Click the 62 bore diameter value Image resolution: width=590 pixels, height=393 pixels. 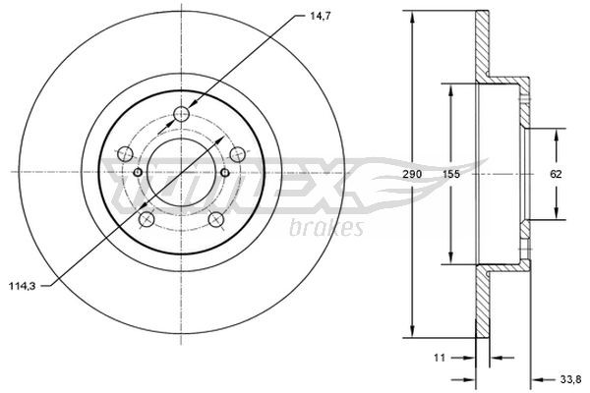(x=557, y=174)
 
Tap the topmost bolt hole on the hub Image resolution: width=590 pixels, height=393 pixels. (x=181, y=115)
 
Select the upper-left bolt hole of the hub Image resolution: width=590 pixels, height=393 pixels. (x=125, y=154)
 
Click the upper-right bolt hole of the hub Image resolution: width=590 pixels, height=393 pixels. (x=237, y=154)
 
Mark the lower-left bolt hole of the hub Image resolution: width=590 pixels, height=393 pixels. (x=146, y=219)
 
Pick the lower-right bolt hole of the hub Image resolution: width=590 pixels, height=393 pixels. (x=215, y=219)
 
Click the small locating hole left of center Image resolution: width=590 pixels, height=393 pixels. (x=138, y=174)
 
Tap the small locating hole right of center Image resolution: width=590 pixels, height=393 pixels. (x=224, y=174)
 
